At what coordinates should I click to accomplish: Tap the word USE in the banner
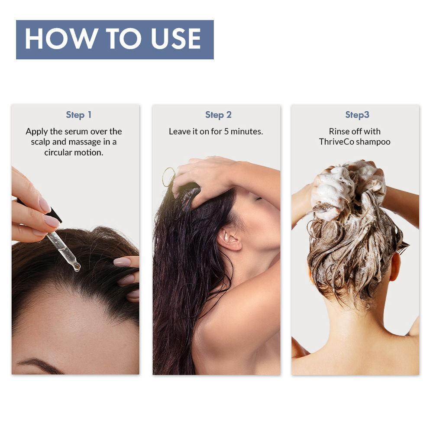(x=176, y=39)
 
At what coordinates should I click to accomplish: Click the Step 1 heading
(x=79, y=115)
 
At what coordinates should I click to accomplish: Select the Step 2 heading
(x=218, y=115)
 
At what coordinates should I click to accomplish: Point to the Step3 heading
(x=357, y=115)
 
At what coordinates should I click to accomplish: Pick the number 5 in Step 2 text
(x=226, y=132)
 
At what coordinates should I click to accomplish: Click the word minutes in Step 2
(x=246, y=132)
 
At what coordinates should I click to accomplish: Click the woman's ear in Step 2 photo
(x=229, y=238)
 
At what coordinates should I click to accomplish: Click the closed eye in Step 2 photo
(x=259, y=199)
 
